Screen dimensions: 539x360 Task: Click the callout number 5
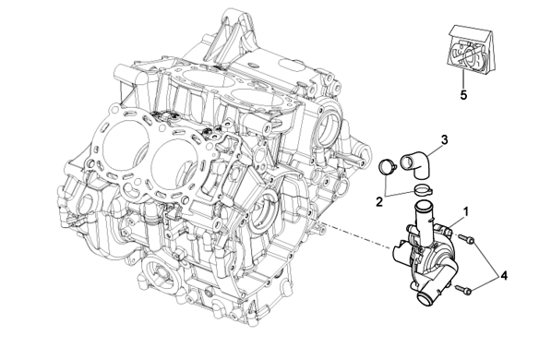463,95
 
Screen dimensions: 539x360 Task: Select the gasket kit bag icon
471,49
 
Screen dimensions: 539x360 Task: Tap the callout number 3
445,140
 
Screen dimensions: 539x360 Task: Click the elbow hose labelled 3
415,164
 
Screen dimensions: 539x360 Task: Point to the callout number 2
379,202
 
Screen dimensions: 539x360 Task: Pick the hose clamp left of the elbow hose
388,167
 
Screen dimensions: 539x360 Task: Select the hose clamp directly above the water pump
423,188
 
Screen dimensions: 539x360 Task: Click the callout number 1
466,211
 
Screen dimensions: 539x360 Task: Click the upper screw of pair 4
466,238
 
